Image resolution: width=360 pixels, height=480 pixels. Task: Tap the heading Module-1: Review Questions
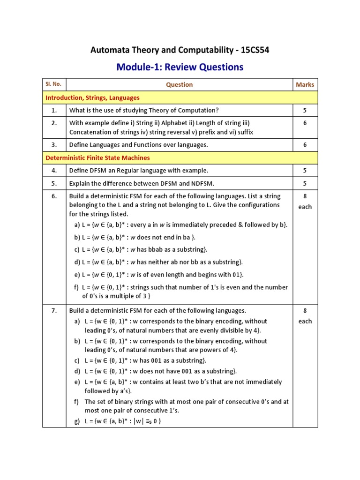(x=180, y=67)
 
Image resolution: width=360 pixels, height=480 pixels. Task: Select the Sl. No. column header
(x=54, y=84)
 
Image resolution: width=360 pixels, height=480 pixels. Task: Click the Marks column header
(x=305, y=85)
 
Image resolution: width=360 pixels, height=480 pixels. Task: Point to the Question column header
(x=179, y=85)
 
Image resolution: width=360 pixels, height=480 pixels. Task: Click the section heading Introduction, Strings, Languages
(x=92, y=97)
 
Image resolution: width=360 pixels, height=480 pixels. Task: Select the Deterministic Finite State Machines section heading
(x=97, y=158)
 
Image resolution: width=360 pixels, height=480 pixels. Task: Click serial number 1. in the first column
(x=54, y=111)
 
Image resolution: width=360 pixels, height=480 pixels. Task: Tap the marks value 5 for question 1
(x=305, y=111)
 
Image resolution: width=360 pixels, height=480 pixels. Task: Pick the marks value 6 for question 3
(x=305, y=145)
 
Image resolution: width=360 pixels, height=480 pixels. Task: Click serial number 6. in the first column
(x=54, y=196)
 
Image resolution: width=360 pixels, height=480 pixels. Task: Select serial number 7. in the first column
(x=54, y=310)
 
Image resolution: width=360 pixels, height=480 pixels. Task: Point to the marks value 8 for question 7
(x=305, y=310)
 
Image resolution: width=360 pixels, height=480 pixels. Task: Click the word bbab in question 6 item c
(x=153, y=249)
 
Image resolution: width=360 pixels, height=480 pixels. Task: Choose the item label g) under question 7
(x=77, y=421)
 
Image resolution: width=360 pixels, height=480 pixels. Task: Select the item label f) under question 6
(x=77, y=287)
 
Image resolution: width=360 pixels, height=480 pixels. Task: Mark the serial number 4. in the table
(x=54, y=171)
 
